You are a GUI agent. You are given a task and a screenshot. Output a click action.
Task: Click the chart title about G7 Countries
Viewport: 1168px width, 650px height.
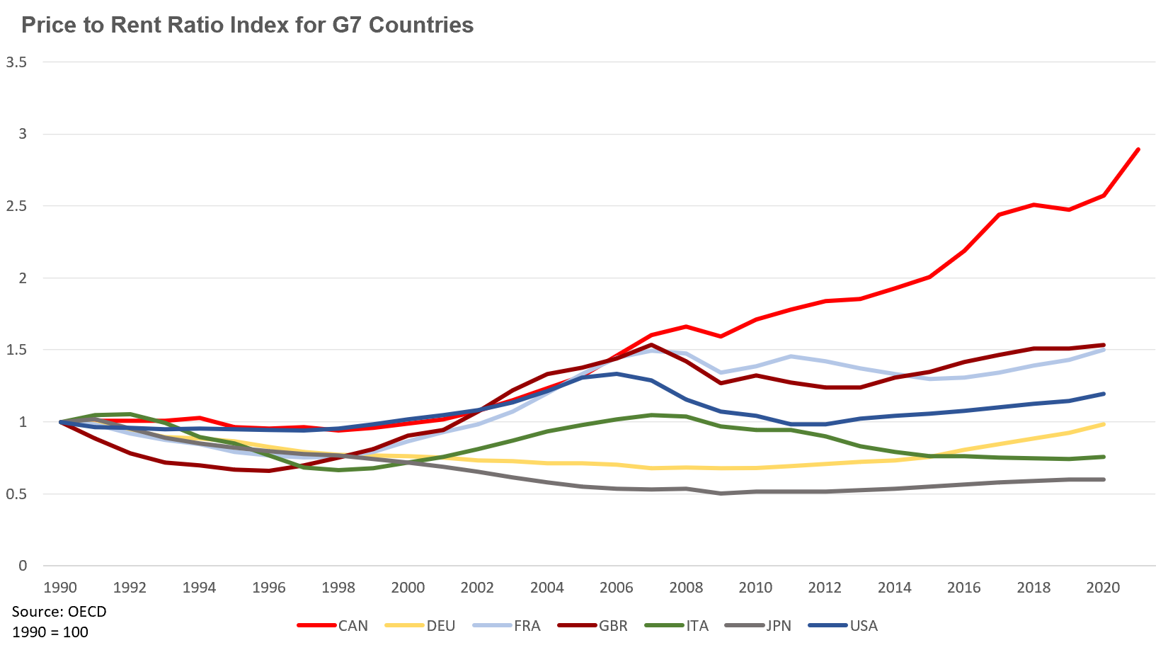(247, 25)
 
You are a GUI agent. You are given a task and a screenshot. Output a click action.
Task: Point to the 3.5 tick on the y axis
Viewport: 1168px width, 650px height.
(16, 62)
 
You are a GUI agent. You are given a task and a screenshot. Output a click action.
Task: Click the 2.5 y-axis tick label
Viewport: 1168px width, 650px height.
(16, 206)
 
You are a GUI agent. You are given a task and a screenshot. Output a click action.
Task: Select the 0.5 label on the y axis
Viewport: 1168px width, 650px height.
(16, 494)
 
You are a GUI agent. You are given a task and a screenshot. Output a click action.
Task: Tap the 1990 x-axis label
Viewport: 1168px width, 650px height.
(60, 588)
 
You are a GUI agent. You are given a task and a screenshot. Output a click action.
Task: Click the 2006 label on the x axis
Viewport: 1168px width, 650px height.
(616, 588)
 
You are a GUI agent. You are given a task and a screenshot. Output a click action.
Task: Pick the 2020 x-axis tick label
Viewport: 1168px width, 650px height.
(1102, 588)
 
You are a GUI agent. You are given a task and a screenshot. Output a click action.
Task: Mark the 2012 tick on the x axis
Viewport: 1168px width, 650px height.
(825, 588)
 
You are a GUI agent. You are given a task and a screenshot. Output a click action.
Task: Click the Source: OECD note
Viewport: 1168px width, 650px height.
(59, 611)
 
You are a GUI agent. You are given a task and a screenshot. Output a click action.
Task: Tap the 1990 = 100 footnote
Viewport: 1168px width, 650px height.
(50, 632)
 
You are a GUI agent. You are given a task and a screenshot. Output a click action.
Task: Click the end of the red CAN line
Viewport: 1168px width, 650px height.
(1138, 149)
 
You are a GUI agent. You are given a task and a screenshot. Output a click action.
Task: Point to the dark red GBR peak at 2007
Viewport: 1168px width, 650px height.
(651, 346)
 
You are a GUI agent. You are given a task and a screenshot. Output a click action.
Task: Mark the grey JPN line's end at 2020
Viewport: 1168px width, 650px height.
(1104, 479)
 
